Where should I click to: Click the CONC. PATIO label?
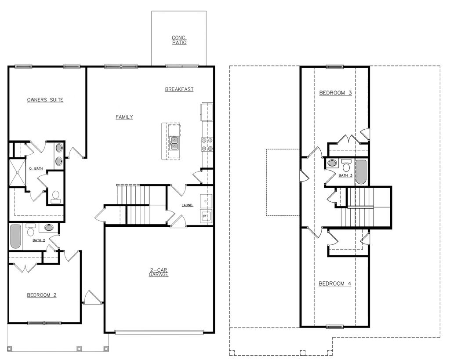tap(179, 40)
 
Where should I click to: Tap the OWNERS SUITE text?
tap(45, 100)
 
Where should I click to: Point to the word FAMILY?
tap(124, 117)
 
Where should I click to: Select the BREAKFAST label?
tap(179, 89)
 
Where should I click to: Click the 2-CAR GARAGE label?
tap(158, 272)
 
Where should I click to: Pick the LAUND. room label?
tap(188, 205)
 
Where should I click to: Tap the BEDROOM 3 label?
tap(335, 93)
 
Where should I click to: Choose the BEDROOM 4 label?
tap(335, 284)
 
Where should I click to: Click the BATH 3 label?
tap(345, 175)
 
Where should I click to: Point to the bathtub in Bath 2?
tap(15, 237)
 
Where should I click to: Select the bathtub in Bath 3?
tap(361, 172)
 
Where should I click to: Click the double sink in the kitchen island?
tap(174, 143)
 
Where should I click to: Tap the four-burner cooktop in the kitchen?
tap(207, 144)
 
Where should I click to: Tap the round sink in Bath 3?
tap(333, 163)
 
